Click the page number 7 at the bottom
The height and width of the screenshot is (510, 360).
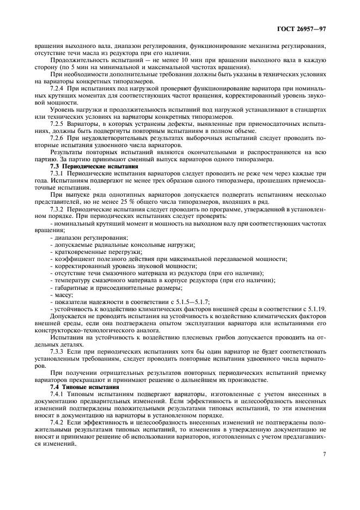[324, 453]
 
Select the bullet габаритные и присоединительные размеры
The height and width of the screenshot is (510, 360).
[117, 287]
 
